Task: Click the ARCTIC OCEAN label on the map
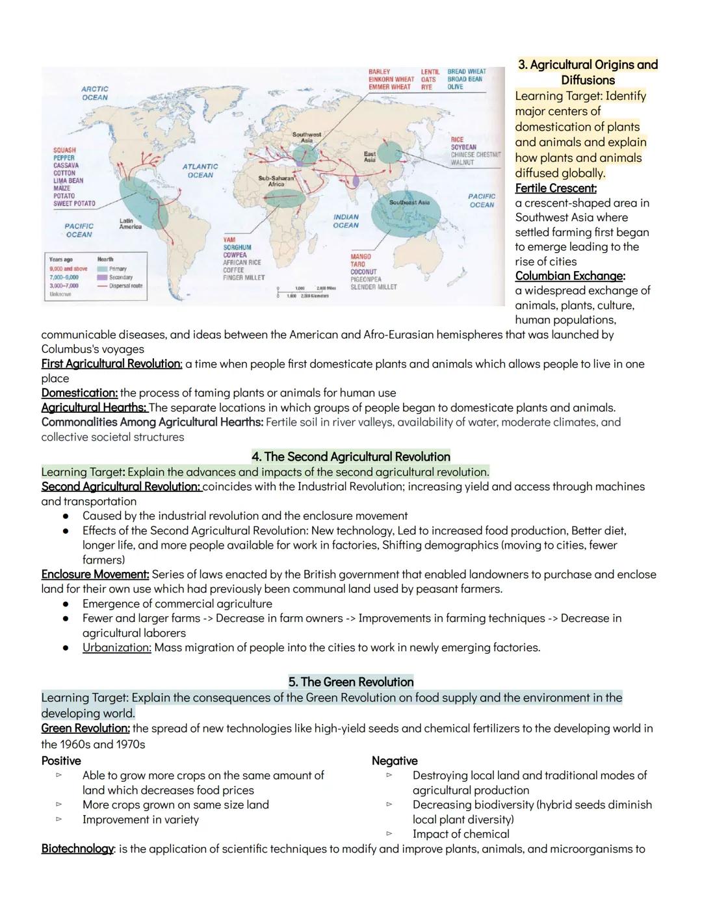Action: coord(95,93)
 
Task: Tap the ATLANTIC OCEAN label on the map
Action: coord(200,171)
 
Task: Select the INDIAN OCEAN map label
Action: coord(346,221)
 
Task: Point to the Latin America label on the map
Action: coord(130,224)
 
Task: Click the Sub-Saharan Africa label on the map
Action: coord(276,181)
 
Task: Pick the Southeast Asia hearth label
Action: coord(409,202)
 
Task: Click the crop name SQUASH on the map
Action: coord(64,150)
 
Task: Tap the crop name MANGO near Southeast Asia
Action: coord(361,257)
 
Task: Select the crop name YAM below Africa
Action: coord(230,240)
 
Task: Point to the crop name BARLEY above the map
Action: coord(380,71)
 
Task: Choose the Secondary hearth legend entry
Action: coord(121,278)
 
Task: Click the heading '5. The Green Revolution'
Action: coord(351,682)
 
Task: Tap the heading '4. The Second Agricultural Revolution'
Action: coord(351,456)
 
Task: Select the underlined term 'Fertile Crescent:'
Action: coord(556,188)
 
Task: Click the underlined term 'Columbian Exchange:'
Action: coord(570,276)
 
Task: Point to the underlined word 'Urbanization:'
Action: coord(117,647)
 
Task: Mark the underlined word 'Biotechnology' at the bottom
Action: coord(77,849)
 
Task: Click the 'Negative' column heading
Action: coord(395,760)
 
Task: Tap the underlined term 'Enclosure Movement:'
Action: coord(96,575)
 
